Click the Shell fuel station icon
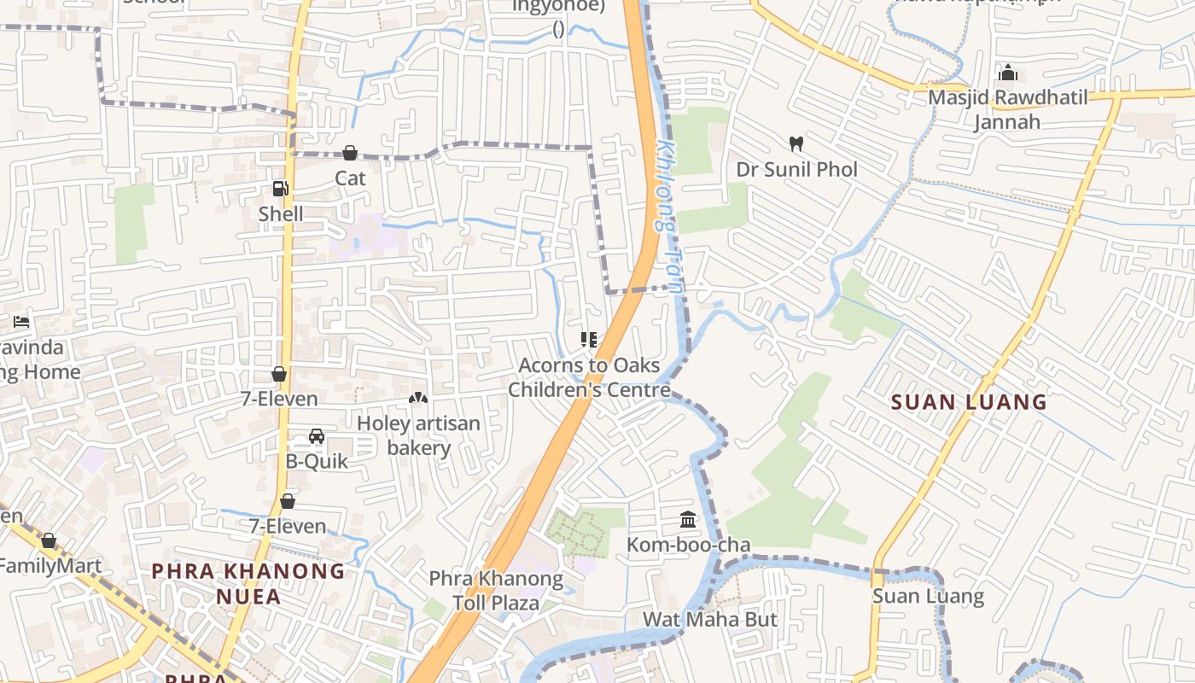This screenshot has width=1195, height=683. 280,189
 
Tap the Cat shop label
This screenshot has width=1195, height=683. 350,178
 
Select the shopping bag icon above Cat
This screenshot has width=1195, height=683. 350,153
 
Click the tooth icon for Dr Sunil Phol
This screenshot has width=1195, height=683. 796,144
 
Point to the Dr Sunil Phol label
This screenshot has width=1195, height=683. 796,169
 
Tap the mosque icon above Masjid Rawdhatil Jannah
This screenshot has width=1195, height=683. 1008,73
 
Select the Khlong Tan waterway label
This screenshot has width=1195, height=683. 668,217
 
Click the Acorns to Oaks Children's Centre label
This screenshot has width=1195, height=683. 589,377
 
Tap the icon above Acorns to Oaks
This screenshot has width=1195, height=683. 589,340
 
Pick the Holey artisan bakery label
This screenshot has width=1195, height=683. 418,435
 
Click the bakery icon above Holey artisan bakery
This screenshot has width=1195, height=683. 418,398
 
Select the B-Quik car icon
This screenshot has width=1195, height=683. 317,436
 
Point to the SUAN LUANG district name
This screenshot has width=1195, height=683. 969,401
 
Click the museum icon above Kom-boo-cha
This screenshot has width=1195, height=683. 688,519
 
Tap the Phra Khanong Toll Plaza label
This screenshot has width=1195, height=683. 496,591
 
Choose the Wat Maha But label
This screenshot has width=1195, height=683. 709,619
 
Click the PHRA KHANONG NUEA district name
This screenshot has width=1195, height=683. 248,583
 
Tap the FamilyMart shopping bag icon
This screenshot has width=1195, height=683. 49,540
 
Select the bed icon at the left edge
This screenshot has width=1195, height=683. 21,322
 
